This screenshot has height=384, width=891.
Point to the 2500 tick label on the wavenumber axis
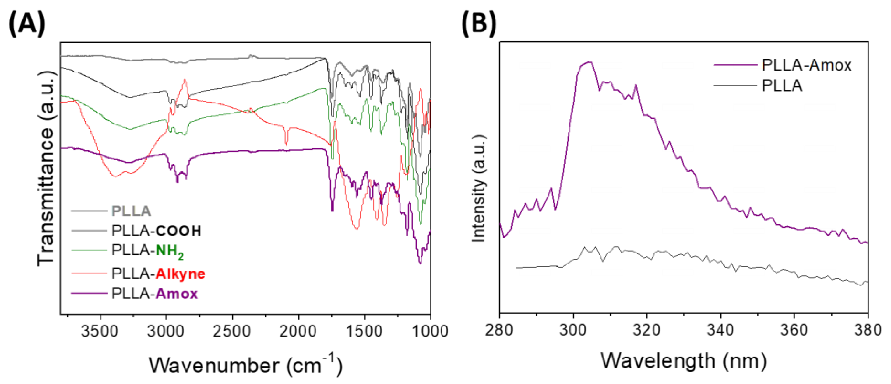click(232, 331)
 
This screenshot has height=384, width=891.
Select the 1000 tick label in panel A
click(430, 331)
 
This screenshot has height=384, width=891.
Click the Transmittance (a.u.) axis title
click(46, 169)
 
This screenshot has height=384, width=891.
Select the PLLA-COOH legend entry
click(156, 231)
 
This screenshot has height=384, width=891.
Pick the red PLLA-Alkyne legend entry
click(158, 274)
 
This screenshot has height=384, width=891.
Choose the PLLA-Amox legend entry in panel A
click(154, 294)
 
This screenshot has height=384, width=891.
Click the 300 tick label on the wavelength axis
click(573, 330)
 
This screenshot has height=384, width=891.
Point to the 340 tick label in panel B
click(720, 330)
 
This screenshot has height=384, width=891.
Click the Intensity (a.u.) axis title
click(479, 188)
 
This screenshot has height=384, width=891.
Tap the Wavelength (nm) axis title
click(684, 361)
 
